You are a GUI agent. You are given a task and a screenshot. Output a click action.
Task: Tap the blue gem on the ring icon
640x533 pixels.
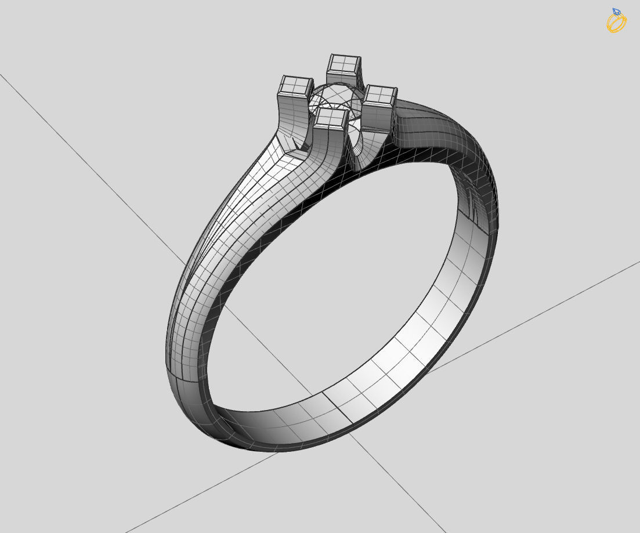[616, 11]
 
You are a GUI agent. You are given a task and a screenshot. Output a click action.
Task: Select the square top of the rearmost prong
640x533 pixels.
[343, 62]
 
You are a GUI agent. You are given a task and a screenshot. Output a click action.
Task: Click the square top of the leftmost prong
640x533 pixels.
[295, 85]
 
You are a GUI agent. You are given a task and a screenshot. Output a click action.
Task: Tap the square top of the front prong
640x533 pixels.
[332, 118]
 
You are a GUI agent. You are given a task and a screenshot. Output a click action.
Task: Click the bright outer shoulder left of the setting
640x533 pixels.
[232, 220]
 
